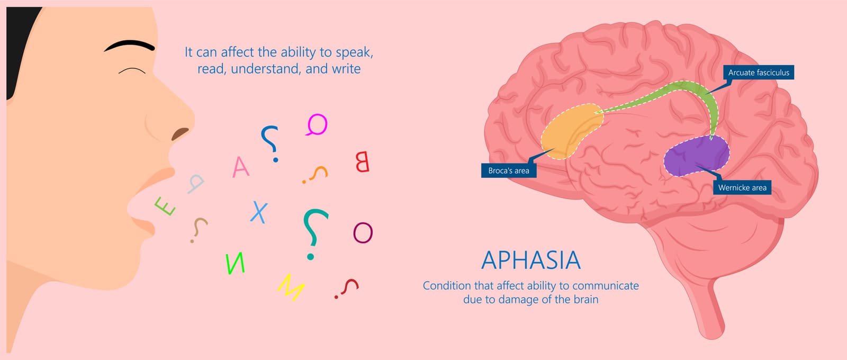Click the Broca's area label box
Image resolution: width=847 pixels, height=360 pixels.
[x=509, y=170]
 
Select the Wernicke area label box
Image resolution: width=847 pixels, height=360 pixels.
[x=742, y=187]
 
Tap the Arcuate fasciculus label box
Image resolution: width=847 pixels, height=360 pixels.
[x=759, y=72]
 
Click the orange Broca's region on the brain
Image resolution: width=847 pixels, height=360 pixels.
[x=571, y=131]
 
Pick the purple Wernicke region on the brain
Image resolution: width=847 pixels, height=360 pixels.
[x=697, y=156]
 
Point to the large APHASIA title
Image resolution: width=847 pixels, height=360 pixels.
[x=531, y=260]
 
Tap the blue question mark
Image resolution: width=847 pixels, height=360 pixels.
[x=270, y=143]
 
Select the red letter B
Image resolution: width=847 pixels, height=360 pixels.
[x=362, y=161]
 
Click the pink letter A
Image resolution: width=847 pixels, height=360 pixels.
[x=240, y=167]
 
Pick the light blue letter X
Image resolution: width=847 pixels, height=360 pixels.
[x=259, y=212]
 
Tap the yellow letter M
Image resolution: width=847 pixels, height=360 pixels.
[x=291, y=287]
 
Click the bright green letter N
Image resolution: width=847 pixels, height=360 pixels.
[x=235, y=263]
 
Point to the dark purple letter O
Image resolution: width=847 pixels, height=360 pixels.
[x=363, y=232]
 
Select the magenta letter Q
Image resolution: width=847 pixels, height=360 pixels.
[x=317, y=124]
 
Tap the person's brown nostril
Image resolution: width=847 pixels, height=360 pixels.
[x=180, y=133]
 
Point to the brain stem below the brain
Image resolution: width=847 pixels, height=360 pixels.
[x=704, y=307]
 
